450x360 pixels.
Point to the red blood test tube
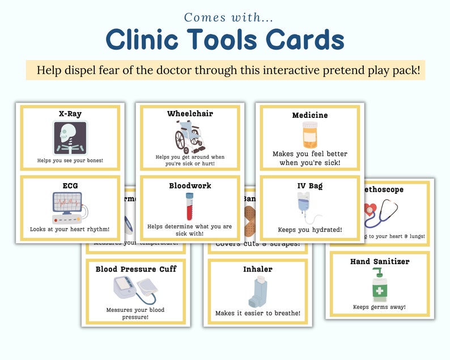pyautogui.click(x=189, y=206)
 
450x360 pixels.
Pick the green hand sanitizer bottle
pyautogui.click(x=379, y=285)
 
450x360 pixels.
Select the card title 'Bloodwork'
pyautogui.click(x=190, y=185)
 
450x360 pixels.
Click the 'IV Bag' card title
pyautogui.click(x=309, y=185)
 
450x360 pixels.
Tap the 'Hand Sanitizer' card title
pyautogui.click(x=379, y=261)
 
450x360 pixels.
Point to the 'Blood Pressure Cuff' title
pyautogui.click(x=135, y=269)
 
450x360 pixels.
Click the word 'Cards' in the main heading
pyautogui.click(x=294, y=40)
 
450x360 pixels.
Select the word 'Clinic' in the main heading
pyautogui.click(x=142, y=40)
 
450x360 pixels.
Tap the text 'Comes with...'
pyautogui.click(x=225, y=17)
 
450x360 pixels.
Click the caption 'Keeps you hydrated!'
pyautogui.click(x=309, y=230)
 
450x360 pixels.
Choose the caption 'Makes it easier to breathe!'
pyautogui.click(x=257, y=313)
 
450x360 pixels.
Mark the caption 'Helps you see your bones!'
pyautogui.click(x=71, y=161)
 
